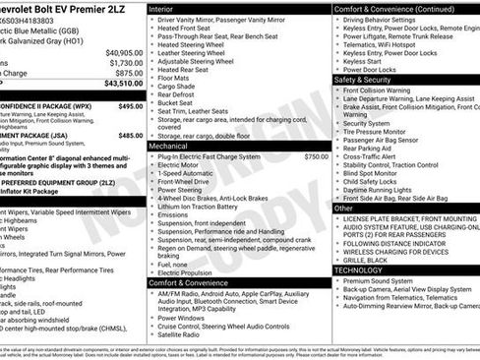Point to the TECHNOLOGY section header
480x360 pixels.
pyautogui.click(x=358, y=269)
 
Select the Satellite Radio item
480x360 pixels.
pyautogui.click(x=184, y=334)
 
